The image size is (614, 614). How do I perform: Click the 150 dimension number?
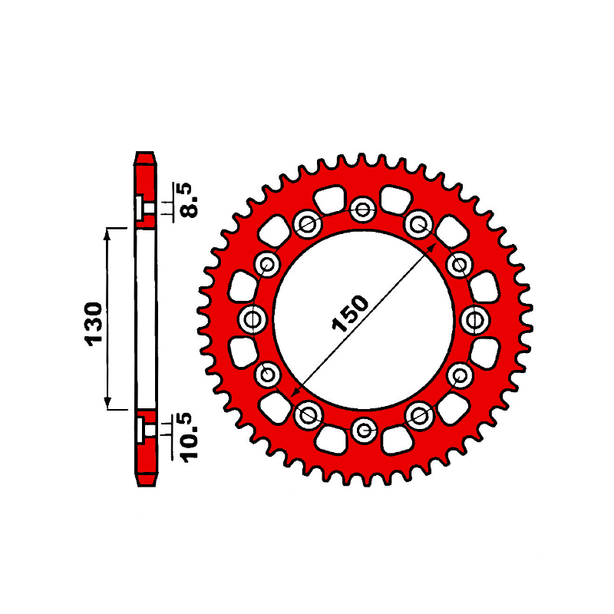350,313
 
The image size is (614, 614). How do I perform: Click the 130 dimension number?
93,324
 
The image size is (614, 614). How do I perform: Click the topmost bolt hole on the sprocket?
362,210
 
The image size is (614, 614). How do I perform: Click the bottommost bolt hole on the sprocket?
364,431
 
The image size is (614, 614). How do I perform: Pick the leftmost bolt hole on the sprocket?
253,319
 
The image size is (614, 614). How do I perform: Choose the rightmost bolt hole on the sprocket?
475,320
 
